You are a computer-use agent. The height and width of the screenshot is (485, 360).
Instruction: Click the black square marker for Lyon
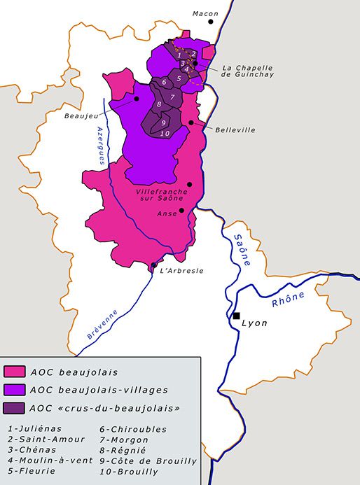[x=237, y=316]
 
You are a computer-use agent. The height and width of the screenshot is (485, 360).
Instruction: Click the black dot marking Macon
[x=210, y=22]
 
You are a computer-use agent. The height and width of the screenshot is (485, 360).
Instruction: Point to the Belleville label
[x=235, y=130]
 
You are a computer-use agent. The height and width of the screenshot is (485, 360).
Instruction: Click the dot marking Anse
[x=181, y=210]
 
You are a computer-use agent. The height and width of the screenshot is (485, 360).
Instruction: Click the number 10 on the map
[x=165, y=133]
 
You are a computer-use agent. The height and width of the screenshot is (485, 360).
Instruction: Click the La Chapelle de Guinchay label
[x=247, y=71]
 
